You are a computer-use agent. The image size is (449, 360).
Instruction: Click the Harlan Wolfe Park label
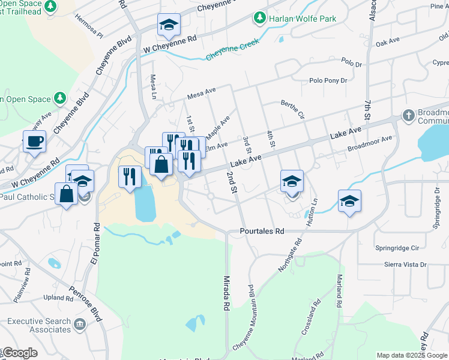[x=303, y=19]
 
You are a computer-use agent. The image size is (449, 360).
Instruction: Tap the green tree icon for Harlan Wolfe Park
[x=259, y=19]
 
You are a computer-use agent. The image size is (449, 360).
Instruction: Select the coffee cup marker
[x=34, y=142]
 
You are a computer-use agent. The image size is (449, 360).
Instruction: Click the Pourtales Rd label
[x=262, y=230]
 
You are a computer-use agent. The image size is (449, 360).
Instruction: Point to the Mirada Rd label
[x=227, y=293]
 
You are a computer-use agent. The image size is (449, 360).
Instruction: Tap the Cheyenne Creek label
[x=232, y=50]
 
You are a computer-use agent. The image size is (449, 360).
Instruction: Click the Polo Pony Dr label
[x=328, y=80]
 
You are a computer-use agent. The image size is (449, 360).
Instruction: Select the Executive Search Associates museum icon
[x=80, y=325]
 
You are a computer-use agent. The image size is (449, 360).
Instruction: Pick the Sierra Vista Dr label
[x=406, y=264]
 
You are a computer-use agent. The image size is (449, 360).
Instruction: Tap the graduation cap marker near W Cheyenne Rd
[x=169, y=25]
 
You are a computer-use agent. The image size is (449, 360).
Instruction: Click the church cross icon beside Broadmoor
[x=408, y=115]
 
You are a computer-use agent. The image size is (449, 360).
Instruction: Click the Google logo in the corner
[x=20, y=353]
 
